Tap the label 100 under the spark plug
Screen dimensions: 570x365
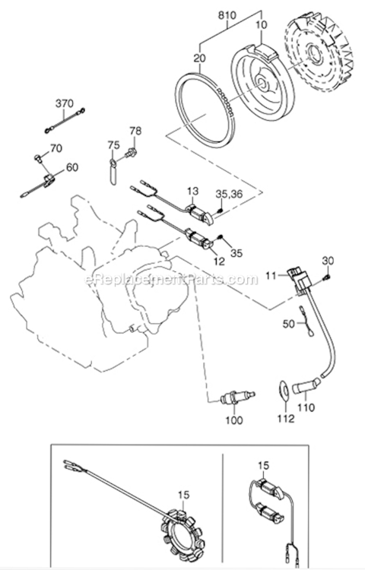(x=233, y=420)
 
